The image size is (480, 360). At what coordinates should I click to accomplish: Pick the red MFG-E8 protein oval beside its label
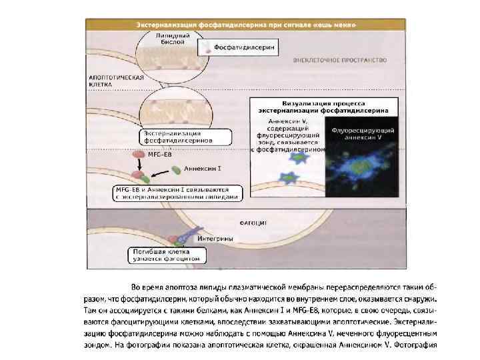(138, 155)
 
